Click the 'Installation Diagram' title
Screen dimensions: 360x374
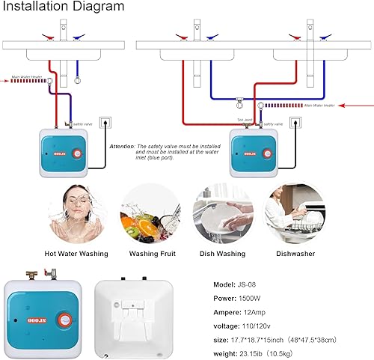tap(63, 7)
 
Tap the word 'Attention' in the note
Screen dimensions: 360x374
tap(121, 146)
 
